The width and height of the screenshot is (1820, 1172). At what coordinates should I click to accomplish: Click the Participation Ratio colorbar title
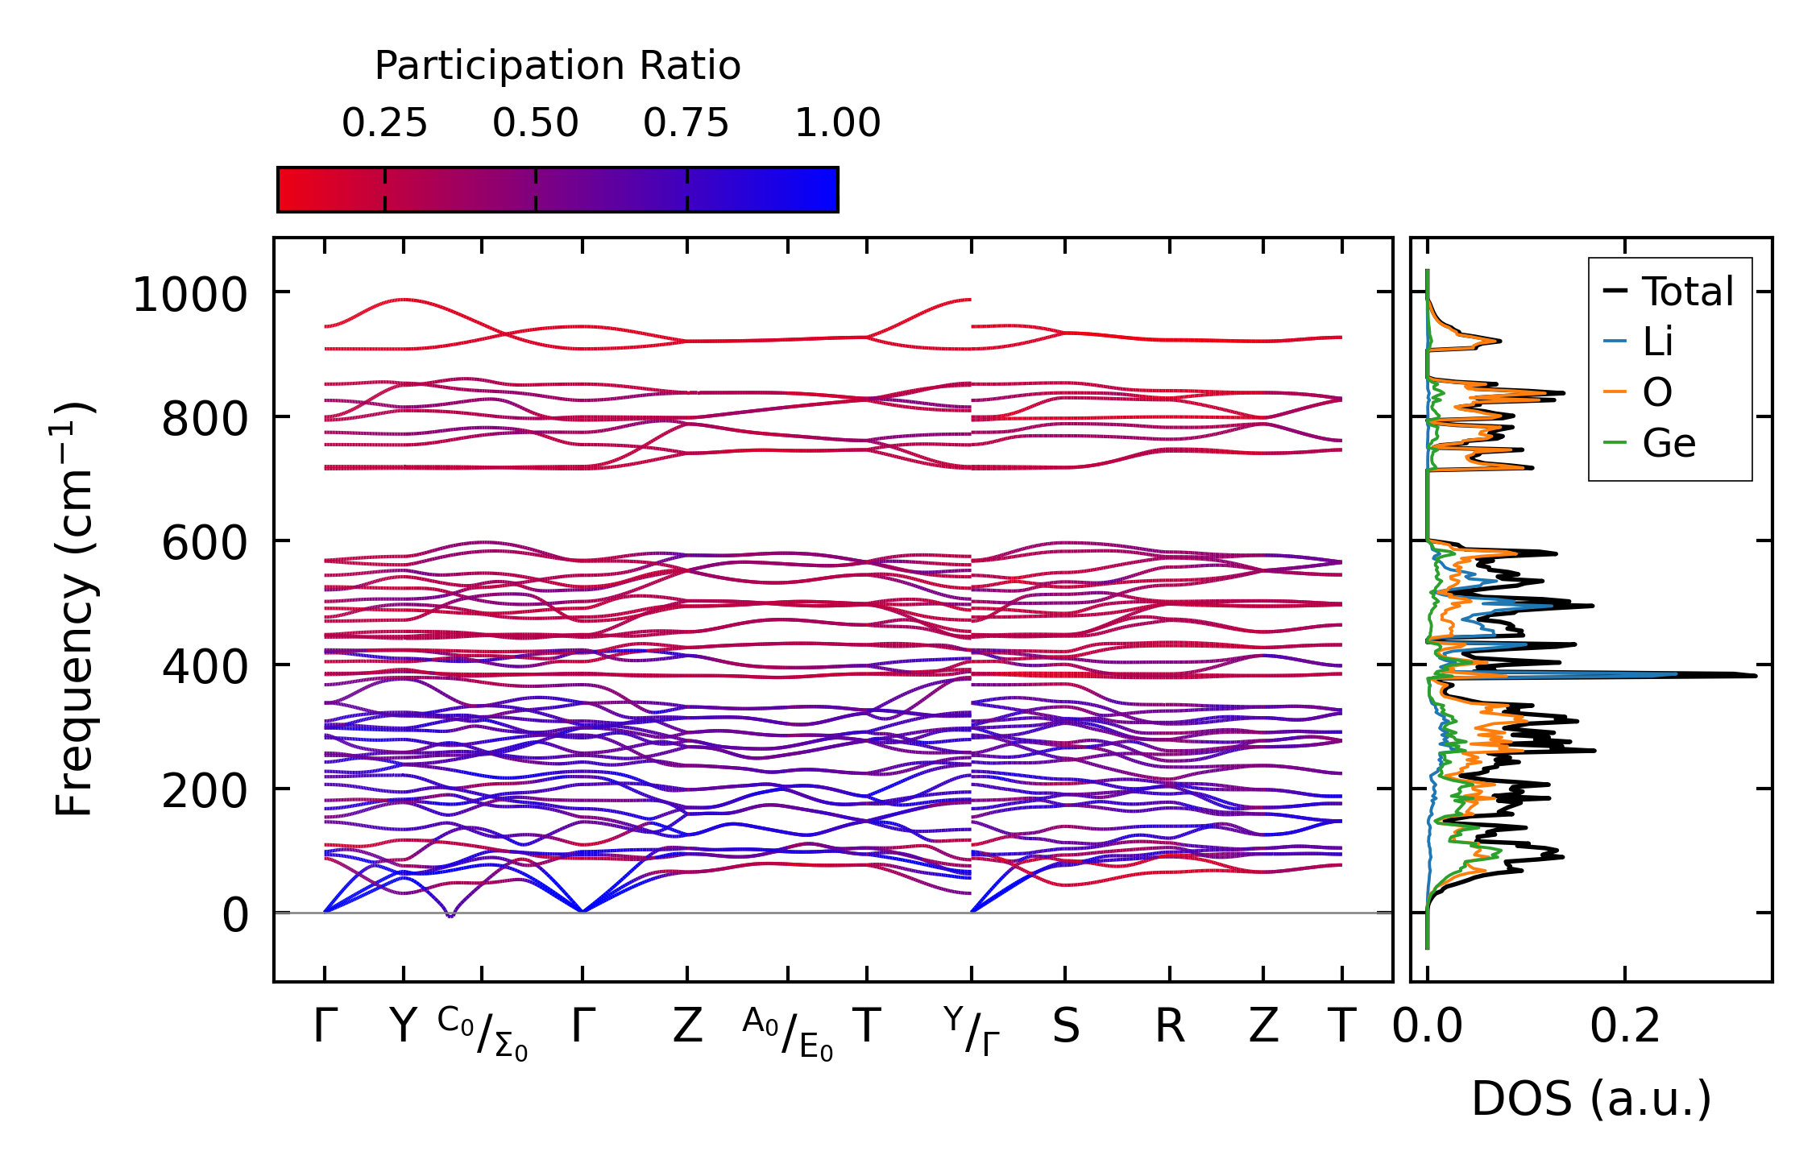[558, 66]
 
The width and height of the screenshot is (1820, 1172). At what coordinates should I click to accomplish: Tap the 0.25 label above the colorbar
[384, 123]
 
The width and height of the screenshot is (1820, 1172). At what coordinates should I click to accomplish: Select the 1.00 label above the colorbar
[837, 123]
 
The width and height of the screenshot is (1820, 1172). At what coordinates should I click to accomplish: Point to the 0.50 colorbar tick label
[536, 123]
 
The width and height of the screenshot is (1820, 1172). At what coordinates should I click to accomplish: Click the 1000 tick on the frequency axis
[189, 294]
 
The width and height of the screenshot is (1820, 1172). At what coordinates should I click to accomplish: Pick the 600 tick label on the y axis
[205, 543]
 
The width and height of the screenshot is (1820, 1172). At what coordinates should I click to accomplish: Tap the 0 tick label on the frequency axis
[235, 915]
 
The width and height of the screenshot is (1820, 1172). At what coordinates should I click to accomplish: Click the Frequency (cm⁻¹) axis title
[74, 609]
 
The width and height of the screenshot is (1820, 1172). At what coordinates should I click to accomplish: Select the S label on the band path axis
[1065, 1027]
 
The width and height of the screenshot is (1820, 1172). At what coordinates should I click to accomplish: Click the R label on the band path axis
[1170, 1027]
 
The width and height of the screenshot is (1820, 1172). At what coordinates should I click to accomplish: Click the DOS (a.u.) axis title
[1591, 1099]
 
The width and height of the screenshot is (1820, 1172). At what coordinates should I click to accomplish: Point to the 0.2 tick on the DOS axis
[1625, 1027]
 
